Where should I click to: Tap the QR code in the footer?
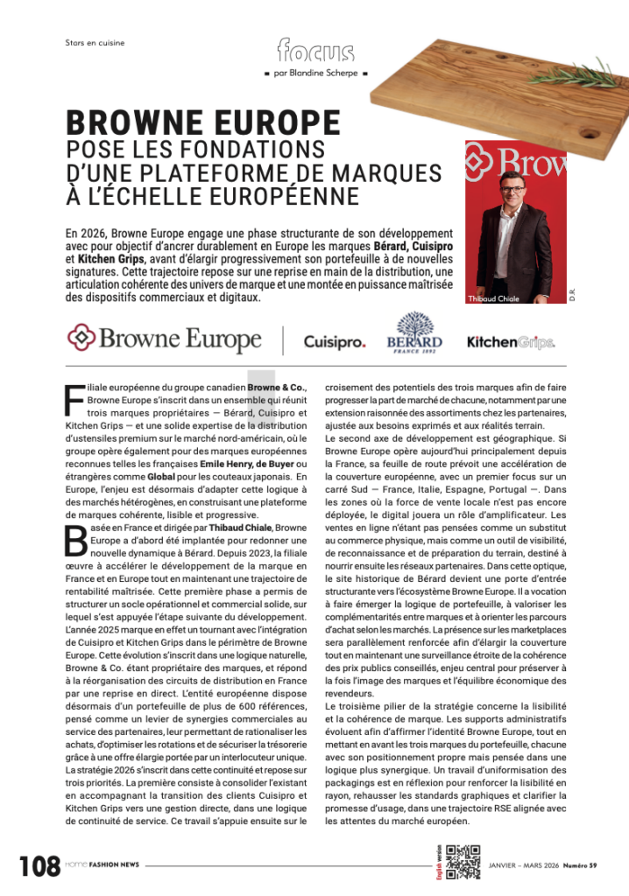click(463, 862)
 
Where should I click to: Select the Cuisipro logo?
click(334, 341)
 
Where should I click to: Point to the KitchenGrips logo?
click(510, 341)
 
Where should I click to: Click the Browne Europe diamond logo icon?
click(81, 336)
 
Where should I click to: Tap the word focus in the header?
click(315, 51)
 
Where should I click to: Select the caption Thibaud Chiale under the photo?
click(494, 298)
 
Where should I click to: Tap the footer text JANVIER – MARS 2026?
click(523, 865)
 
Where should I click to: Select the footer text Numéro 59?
click(580, 865)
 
